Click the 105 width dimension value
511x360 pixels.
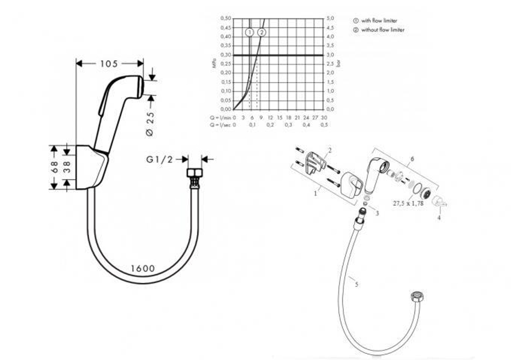tap(109, 63)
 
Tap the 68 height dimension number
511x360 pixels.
tap(54, 167)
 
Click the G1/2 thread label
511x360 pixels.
tap(159, 160)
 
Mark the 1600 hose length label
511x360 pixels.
tap(143, 268)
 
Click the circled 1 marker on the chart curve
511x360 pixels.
tap(249, 32)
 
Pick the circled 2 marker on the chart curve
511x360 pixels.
tap(262, 32)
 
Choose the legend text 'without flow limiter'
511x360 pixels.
tap(383, 30)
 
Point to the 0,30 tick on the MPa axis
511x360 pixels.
tap(225, 55)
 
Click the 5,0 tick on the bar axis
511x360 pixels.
tap(331, 18)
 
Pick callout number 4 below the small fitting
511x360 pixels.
tap(438, 218)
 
